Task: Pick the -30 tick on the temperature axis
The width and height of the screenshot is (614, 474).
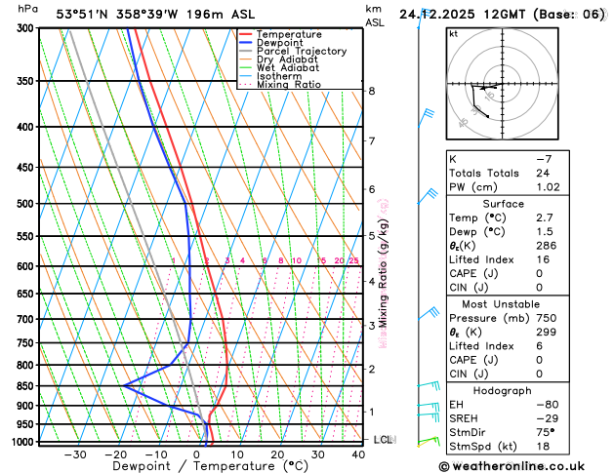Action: (75, 454)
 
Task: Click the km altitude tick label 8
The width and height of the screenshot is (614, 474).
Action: (372, 92)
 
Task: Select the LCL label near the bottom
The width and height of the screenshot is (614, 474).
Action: (383, 440)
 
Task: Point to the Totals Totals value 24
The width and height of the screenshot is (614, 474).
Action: (544, 173)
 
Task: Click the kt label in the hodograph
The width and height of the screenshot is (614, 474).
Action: (453, 34)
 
